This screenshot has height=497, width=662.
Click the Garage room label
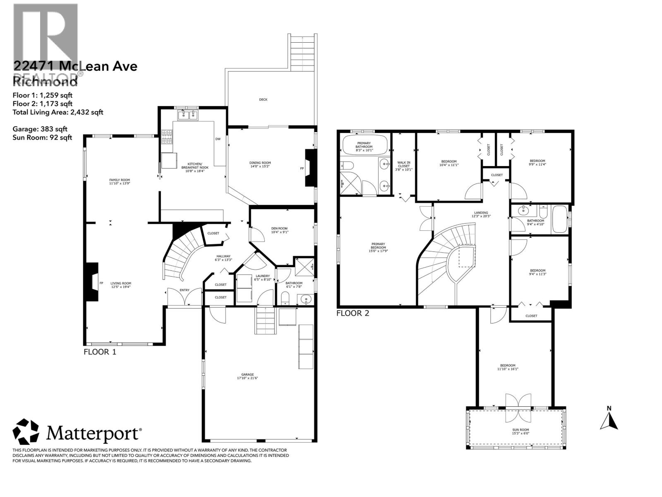[x=247, y=376]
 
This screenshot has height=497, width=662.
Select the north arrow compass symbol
[x=609, y=419]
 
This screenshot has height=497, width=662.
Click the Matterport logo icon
[x=26, y=432]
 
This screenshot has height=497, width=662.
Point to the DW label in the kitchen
[x=218, y=139]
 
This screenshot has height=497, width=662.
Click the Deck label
[x=263, y=99]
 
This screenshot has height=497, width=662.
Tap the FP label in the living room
[x=101, y=283]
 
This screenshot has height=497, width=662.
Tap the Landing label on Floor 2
[x=481, y=214]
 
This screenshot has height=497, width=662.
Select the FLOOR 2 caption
[x=353, y=314]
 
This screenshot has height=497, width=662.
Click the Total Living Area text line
[x=58, y=112]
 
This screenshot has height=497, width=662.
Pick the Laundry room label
[x=263, y=278]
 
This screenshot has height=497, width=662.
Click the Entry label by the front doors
[x=184, y=290]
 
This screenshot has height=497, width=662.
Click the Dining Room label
[x=260, y=165]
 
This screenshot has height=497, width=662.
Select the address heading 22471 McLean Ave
[x=75, y=66]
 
